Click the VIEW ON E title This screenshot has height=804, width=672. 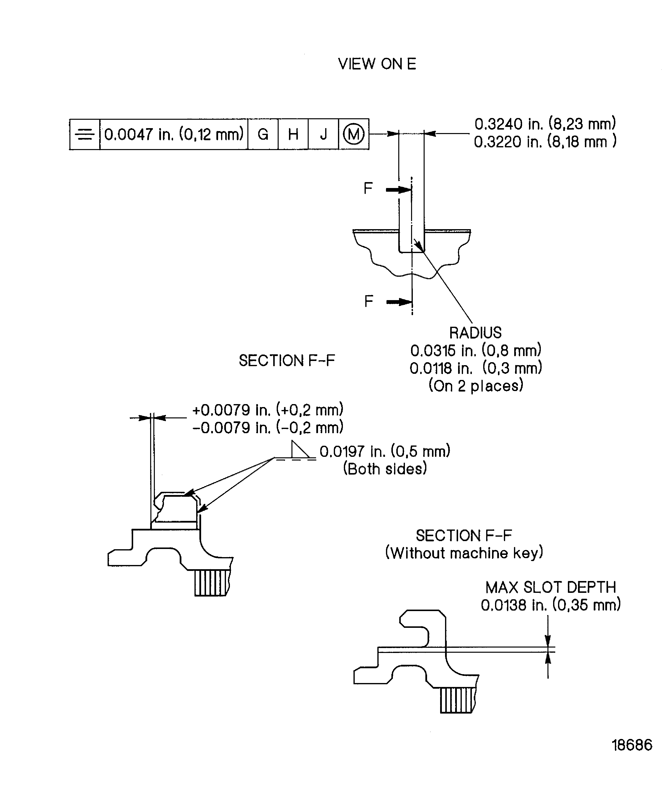377,64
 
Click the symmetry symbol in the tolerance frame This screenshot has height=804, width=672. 84,134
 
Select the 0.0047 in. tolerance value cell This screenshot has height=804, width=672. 174,134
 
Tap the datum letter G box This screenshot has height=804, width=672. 263,134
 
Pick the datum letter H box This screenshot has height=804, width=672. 293,134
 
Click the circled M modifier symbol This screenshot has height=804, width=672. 353,134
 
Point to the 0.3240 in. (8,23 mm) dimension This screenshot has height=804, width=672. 545,124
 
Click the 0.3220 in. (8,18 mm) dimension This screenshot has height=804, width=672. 545,142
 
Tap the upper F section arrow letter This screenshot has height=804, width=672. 368,188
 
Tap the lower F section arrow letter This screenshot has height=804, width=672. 368,301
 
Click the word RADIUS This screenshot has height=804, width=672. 475,333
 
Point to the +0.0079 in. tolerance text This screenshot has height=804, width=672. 268,410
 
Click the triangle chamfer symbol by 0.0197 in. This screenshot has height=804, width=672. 300,450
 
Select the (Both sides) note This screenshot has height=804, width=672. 385,469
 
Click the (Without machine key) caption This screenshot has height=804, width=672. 464,553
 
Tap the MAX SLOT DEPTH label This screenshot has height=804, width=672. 550,587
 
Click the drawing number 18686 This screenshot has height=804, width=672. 632,745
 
